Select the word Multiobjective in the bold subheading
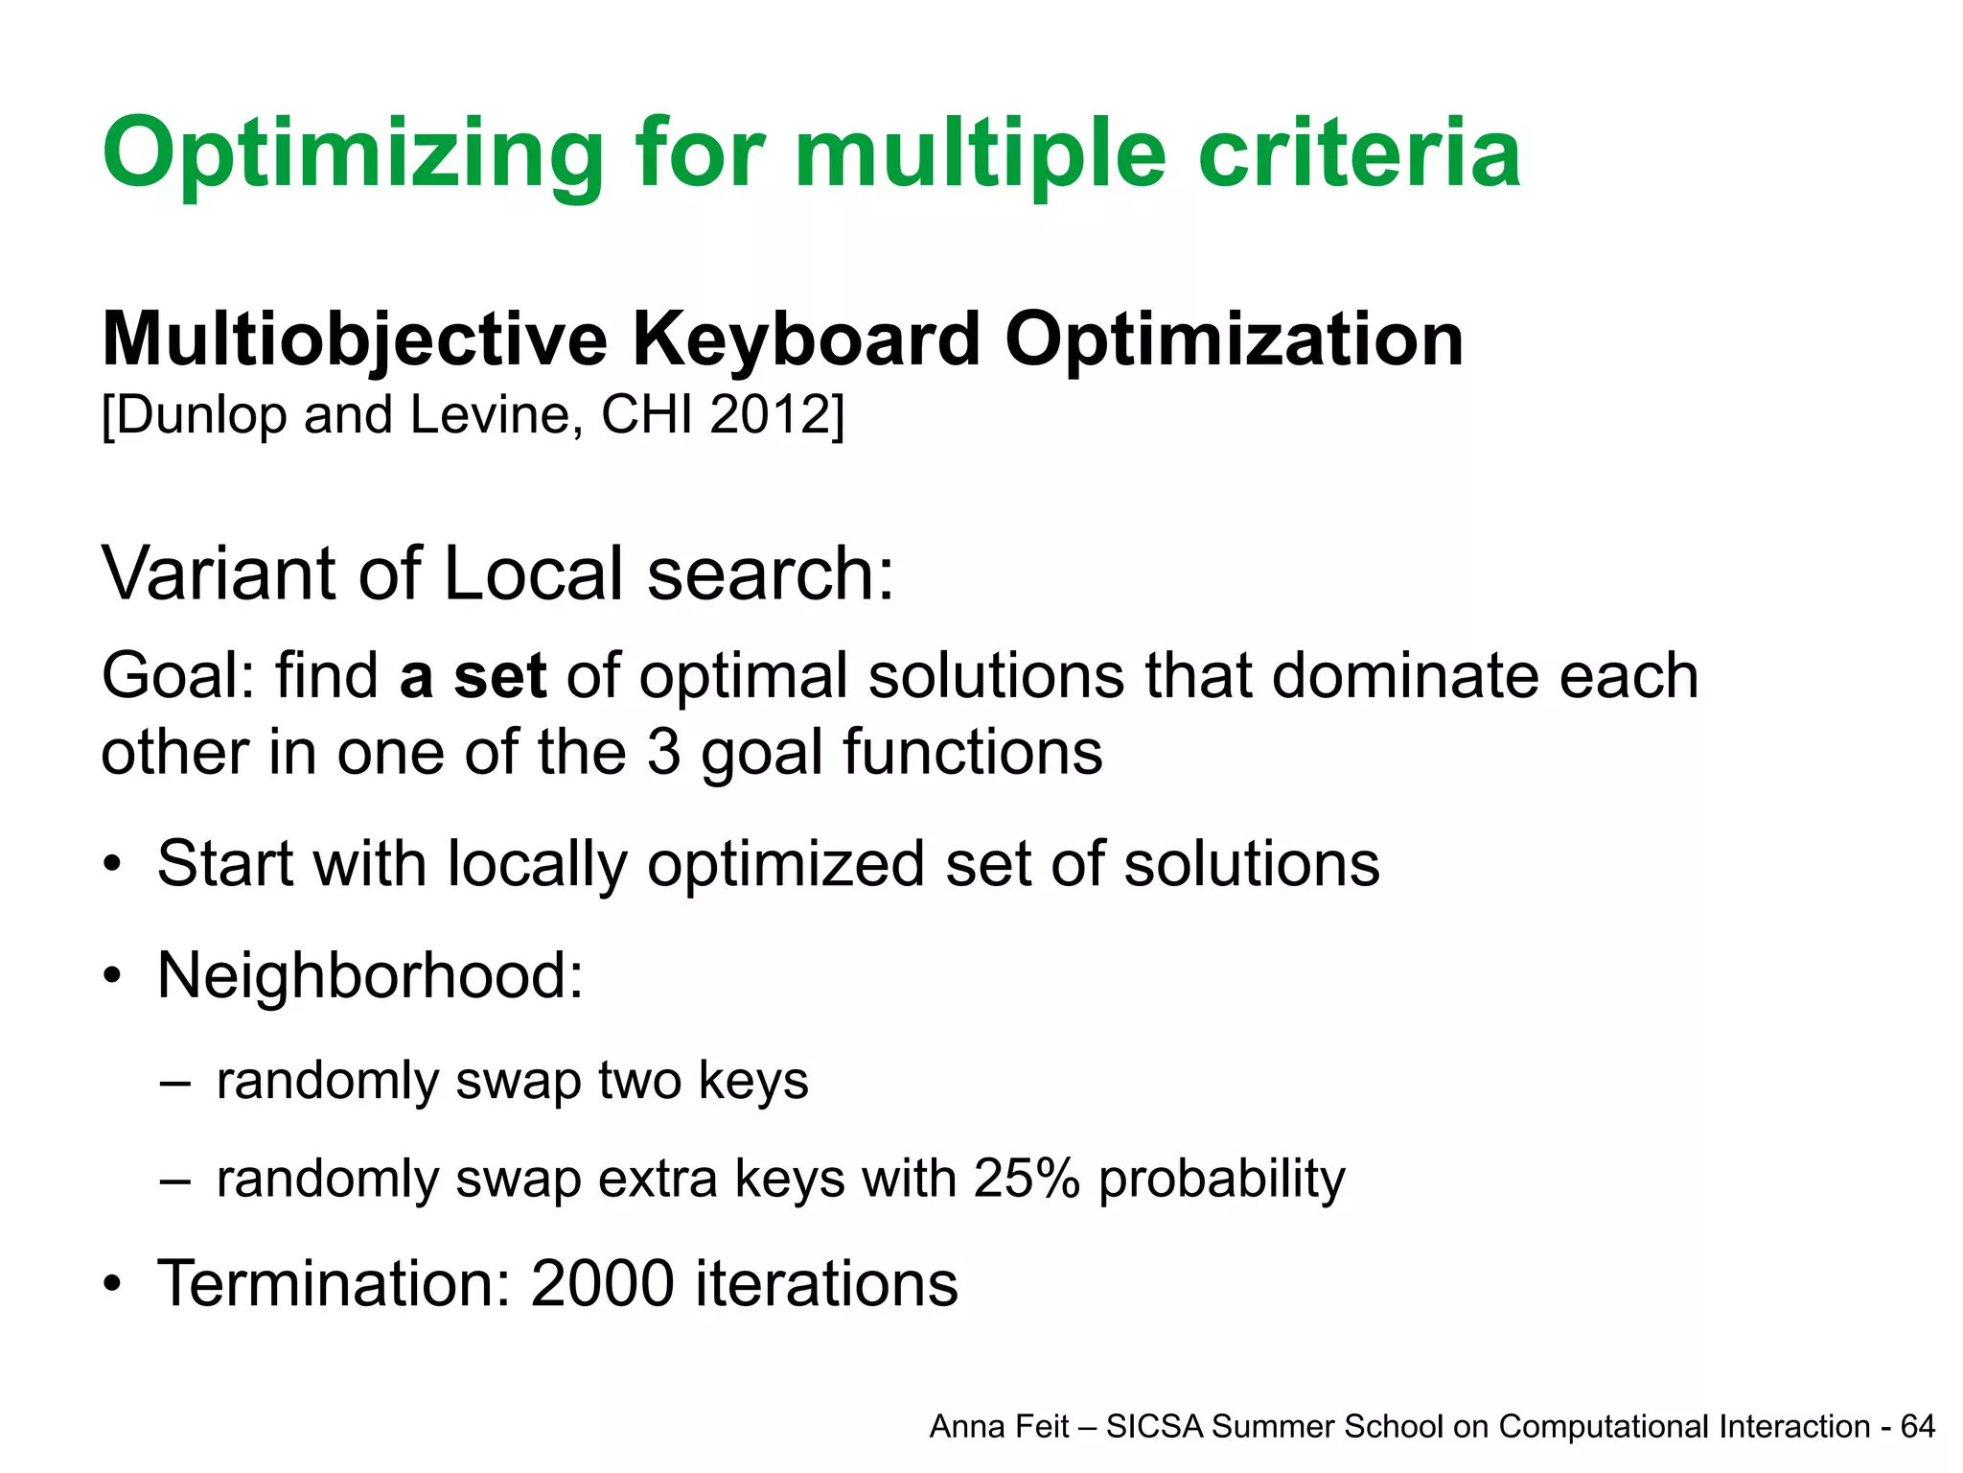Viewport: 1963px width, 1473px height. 355,340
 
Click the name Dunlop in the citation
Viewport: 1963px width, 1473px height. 201,415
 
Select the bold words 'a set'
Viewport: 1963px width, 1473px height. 473,676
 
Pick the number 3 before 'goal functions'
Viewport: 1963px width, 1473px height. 663,752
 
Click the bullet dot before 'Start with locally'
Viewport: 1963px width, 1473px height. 113,864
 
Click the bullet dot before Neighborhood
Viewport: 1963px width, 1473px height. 113,976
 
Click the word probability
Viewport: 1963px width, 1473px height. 1221,1181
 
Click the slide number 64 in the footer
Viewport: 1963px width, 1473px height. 1918,1427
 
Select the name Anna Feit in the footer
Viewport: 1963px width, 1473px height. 999,1427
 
